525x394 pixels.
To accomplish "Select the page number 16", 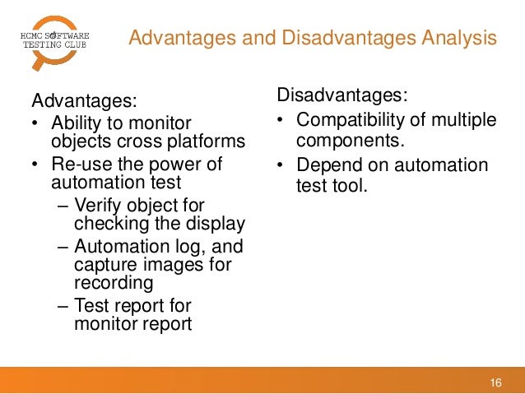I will pyautogui.click(x=495, y=382).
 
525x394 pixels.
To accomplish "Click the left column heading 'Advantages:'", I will pyautogui.click(x=83, y=101).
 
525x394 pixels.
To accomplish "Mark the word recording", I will pyautogui.click(x=114, y=283).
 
